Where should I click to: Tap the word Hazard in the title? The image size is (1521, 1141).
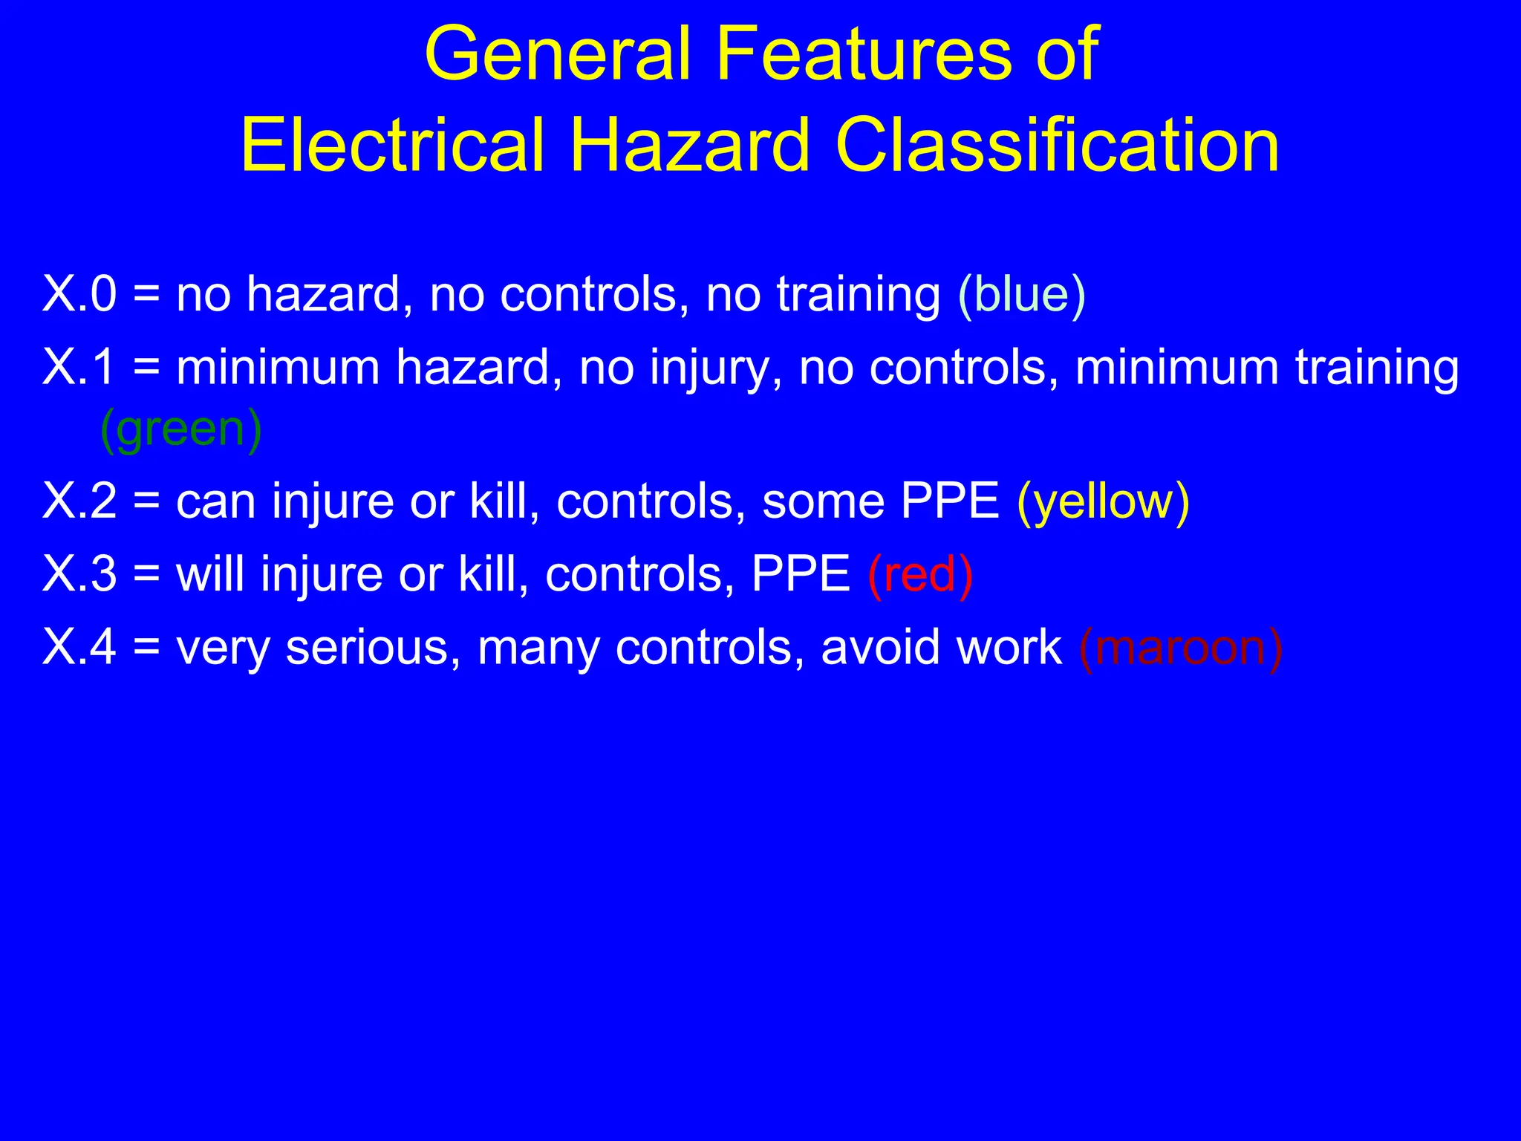pyautogui.click(x=689, y=146)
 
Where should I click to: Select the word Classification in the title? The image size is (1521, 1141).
pyautogui.click(x=1058, y=146)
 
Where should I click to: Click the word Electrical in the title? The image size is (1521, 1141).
pyautogui.click(x=394, y=146)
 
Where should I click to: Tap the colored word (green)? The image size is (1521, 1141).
pyautogui.click(x=180, y=429)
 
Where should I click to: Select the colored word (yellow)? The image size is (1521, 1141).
pyautogui.click(x=1103, y=502)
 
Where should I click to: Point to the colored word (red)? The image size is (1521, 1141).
pyautogui.click(x=920, y=575)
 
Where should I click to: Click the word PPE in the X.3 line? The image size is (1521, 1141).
pyautogui.click(x=801, y=573)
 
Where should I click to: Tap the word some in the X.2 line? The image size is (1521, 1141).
pyautogui.click(x=823, y=502)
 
